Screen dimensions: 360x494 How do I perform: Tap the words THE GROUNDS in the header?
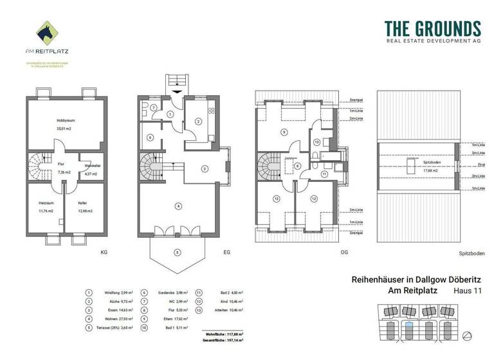click(432, 29)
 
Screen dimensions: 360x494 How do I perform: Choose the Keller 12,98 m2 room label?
click(85, 207)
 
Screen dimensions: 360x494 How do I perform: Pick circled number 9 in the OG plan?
click(283, 132)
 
